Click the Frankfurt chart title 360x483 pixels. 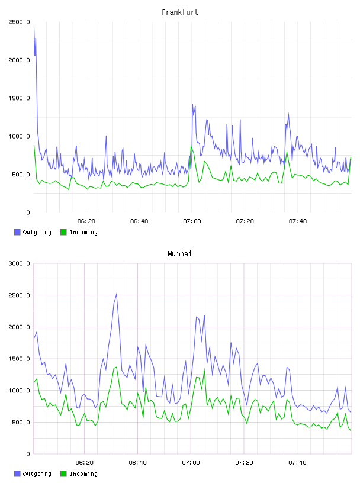(x=180, y=12)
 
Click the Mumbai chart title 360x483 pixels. (x=179, y=254)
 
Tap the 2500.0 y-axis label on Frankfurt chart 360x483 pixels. (x=19, y=22)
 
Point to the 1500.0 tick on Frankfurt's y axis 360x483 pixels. (x=19, y=98)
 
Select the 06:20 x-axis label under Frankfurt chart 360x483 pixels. (x=86, y=221)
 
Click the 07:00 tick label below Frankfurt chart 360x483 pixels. (x=192, y=221)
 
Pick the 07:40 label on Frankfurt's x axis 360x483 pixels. (x=298, y=221)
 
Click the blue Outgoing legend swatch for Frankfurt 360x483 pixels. (x=17, y=232)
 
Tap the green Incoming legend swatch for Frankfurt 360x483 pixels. (x=63, y=232)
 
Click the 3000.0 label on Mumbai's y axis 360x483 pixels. (x=19, y=263)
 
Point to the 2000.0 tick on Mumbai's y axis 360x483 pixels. (x=19, y=327)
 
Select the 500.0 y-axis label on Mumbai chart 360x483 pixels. (x=21, y=422)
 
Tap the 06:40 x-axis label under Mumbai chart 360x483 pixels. (x=138, y=463)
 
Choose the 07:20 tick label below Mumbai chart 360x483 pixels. (x=244, y=463)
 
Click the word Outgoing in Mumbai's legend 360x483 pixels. (x=37, y=474)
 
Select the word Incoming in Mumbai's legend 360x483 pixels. (x=83, y=474)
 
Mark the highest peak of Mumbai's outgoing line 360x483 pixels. (x=117, y=294)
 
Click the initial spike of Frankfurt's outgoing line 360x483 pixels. (x=34, y=28)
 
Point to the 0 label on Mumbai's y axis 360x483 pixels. (x=28, y=454)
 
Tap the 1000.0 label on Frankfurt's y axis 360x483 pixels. (x=19, y=137)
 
